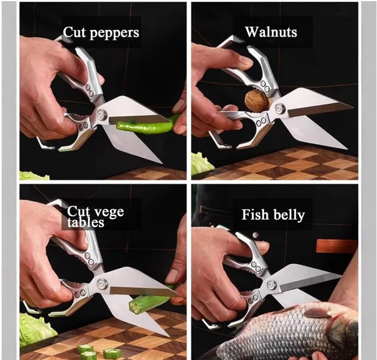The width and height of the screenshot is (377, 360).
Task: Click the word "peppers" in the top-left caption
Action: point(114,33)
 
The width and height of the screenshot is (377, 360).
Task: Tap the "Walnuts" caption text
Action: point(271,32)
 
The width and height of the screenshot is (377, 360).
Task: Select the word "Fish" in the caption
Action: point(255,215)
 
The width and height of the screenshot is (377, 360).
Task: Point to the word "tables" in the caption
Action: point(86,222)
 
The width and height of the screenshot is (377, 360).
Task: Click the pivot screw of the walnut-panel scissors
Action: point(279,108)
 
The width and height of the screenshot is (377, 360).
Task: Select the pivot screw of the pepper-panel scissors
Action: point(103,114)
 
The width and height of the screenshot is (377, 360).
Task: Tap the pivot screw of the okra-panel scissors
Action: point(102,284)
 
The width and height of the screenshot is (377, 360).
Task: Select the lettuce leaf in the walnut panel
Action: point(202,163)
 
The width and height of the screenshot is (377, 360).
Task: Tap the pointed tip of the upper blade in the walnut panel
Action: point(353,107)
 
